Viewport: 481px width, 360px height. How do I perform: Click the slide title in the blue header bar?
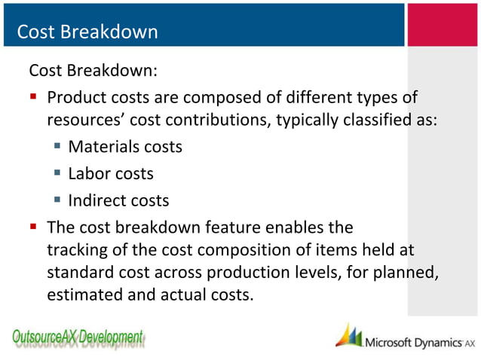pos(87,32)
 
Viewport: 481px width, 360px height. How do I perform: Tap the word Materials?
pos(100,147)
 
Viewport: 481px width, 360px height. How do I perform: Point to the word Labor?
pos(89,174)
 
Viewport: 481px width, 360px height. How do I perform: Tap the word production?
pos(248,272)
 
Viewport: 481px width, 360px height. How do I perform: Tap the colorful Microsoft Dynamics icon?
pos(348,336)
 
